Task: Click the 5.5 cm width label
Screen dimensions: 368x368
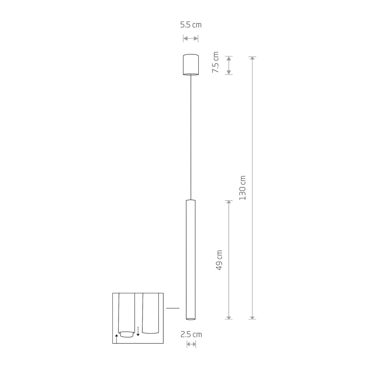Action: [190, 25]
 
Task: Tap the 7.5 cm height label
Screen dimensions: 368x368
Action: [215, 63]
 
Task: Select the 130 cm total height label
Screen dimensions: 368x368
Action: [243, 188]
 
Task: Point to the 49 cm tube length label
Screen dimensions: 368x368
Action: [219, 260]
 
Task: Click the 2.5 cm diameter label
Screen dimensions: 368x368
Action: [191, 335]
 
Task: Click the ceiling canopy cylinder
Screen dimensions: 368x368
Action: [191, 65]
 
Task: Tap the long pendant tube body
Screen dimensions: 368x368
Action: [191, 259]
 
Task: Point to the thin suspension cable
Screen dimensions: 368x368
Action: [191, 137]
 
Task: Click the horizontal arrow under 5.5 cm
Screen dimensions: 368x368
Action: [190, 38]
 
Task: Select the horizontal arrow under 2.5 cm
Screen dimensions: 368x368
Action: [191, 344]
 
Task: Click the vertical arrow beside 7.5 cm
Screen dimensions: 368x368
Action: [229, 65]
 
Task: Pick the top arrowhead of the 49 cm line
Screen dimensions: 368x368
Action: [229, 202]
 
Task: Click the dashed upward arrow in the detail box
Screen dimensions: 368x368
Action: [116, 338]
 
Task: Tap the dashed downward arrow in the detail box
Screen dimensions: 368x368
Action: [138, 331]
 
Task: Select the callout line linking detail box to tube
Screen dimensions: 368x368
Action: [173, 308]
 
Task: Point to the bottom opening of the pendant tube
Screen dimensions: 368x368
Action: [191, 318]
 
